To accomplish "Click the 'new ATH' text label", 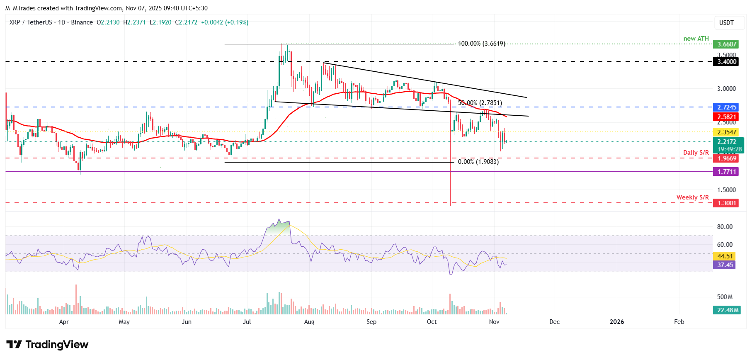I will pos(696,39).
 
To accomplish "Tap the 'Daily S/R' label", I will pos(696,153).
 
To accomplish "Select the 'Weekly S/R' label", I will pos(692,197).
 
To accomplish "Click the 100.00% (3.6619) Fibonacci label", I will pos(481,44).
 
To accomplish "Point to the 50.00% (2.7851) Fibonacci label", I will pos(480,103).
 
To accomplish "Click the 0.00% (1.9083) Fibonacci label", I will pos(478,162).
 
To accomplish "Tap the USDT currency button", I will pos(726,23).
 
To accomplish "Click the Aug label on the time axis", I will pos(309,322).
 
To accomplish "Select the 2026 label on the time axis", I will pos(616,322).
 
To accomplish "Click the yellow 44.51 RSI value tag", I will pos(725,256).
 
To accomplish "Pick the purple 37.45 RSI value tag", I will pos(725,265).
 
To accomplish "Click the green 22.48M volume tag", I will pos(728,310).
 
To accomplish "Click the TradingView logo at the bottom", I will pos(47,345).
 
